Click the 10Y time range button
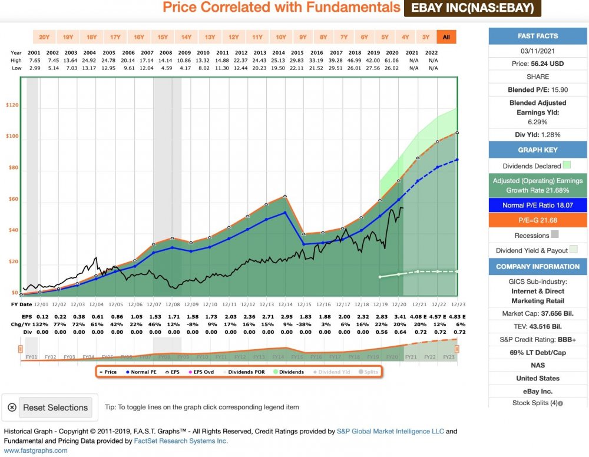(281, 37)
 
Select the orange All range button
(446, 37)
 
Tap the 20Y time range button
(44, 37)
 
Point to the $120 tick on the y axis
(12, 106)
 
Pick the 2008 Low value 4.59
(165, 68)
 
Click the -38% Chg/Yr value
(304, 324)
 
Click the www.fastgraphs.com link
(35, 451)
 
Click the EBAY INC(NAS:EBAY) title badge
(472, 8)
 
